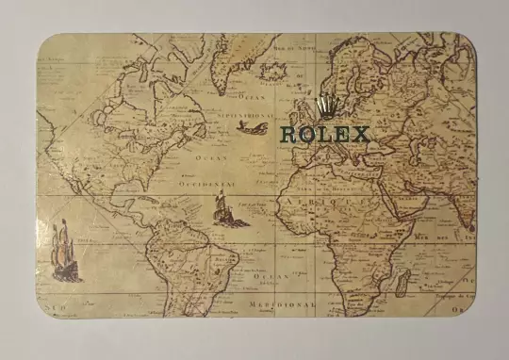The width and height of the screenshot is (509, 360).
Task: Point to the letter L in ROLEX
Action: [325, 134]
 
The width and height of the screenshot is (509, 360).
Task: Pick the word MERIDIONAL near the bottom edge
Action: [282, 305]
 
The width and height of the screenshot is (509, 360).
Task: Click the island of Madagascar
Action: [403, 280]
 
